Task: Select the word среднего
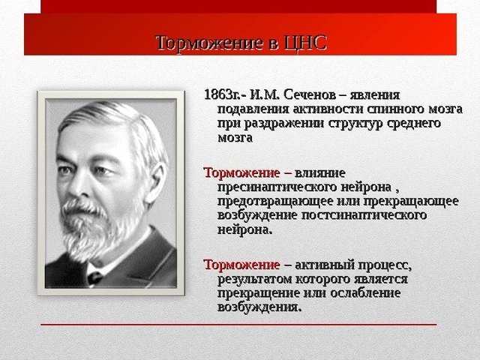410,124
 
